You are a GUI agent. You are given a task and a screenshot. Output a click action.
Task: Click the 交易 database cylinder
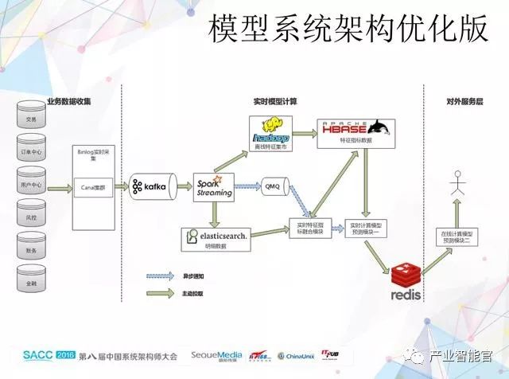(31, 118)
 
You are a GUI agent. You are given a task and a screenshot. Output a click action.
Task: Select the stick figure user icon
(457, 184)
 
